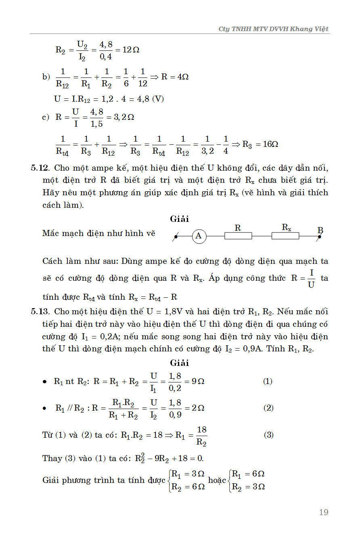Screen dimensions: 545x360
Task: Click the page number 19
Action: pyautogui.click(x=323, y=512)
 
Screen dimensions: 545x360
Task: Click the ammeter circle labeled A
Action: pyautogui.click(x=199, y=236)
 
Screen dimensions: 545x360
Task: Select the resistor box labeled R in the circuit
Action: pyautogui.click(x=238, y=236)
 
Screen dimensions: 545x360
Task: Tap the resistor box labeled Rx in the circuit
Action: pyautogui.click(x=285, y=236)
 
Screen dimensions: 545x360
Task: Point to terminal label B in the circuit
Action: pyautogui.click(x=320, y=230)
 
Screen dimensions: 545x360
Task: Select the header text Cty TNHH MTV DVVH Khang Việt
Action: pyautogui.click(x=273, y=29)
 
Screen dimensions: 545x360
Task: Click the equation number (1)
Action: pyautogui.click(x=268, y=381)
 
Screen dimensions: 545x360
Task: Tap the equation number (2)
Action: pyautogui.click(x=268, y=408)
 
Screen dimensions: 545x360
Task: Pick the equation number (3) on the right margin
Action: pyautogui.click(x=268, y=435)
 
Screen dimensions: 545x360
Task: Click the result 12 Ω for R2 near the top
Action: pyautogui.click(x=131, y=50)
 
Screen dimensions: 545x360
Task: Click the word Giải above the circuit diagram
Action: pyautogui.click(x=179, y=219)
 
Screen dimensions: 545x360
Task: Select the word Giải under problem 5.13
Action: pyautogui.click(x=179, y=363)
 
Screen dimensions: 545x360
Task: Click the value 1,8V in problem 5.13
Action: pyautogui.click(x=171, y=311)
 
